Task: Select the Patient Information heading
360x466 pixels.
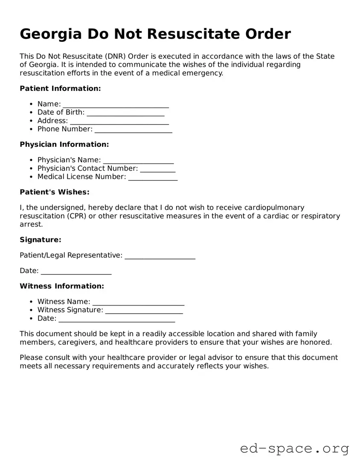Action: click(x=60, y=88)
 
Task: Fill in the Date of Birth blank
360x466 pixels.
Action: click(x=125, y=113)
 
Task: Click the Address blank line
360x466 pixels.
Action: click(x=119, y=121)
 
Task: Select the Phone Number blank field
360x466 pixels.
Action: click(x=133, y=130)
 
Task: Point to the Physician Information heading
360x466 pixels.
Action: click(x=64, y=144)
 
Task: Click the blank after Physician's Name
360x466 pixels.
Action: click(x=138, y=161)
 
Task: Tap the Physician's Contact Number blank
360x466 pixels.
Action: click(x=158, y=169)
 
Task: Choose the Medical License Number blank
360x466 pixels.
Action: click(x=153, y=178)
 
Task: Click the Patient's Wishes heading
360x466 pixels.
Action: click(x=55, y=192)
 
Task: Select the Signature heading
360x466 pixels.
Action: click(x=41, y=240)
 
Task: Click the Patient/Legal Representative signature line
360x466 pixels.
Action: click(x=160, y=256)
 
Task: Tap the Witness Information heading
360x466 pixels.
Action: click(x=62, y=286)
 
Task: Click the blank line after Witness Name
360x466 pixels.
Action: click(x=138, y=303)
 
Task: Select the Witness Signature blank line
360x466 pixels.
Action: click(x=144, y=311)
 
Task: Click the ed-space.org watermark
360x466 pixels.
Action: click(x=294, y=449)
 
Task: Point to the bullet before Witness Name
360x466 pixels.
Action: click(x=32, y=302)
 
